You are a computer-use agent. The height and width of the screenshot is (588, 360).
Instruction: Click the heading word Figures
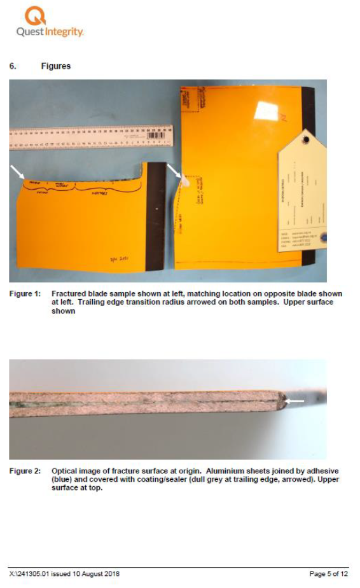(x=56, y=66)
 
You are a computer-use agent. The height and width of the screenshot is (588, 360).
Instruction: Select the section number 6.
(x=13, y=66)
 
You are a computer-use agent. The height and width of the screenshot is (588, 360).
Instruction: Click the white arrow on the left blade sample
(x=17, y=171)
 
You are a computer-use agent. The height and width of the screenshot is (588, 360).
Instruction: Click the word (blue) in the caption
(x=63, y=480)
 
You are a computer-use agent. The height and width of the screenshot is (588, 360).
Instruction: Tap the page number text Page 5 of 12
(x=328, y=574)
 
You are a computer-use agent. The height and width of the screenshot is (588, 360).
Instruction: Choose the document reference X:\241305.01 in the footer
(x=31, y=574)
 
